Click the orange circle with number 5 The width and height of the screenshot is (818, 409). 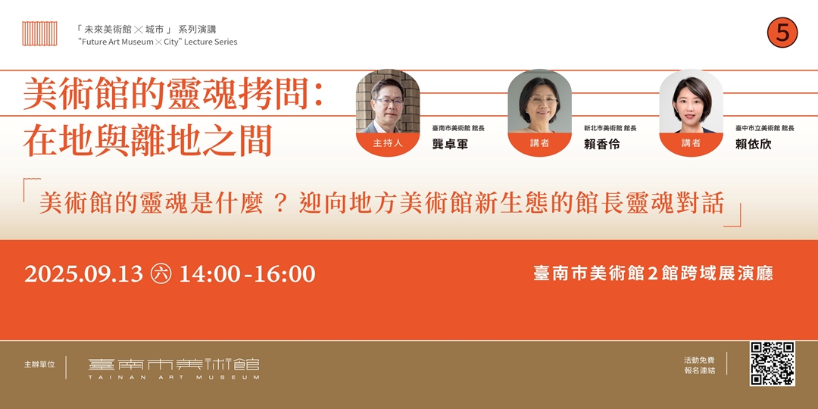pos(782,33)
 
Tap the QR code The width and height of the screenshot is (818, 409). pos(772,364)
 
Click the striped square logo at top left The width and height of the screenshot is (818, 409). pos(39,33)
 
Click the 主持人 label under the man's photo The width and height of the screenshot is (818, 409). pos(388,143)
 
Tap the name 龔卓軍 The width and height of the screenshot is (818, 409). pos(450,144)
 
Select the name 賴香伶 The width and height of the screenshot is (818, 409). pos(601,144)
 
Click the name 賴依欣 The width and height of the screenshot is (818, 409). pos(753,144)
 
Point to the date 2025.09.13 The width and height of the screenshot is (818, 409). pos(83,274)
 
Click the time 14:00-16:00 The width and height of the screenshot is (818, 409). pos(247,274)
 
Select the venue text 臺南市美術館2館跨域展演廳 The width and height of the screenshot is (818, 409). pos(653,274)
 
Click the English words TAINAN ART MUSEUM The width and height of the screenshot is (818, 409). pos(173,377)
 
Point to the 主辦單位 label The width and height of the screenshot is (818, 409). pos(39,365)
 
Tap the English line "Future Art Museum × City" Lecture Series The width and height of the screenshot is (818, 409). pos(158,42)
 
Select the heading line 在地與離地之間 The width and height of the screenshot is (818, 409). pos(148,141)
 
